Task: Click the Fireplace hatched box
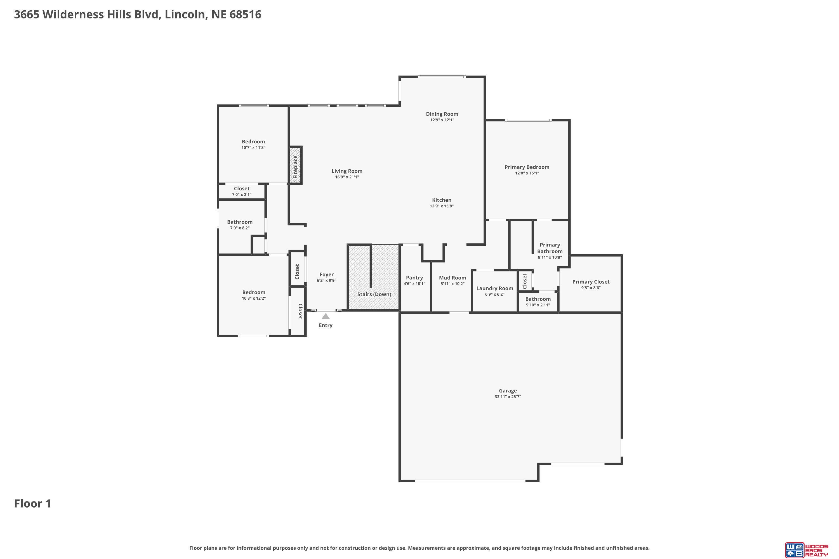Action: pyautogui.click(x=295, y=165)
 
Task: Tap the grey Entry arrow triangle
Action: pyautogui.click(x=326, y=316)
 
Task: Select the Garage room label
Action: pyautogui.click(x=508, y=390)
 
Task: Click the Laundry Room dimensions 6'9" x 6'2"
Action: pyautogui.click(x=494, y=295)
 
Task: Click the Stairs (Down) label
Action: pyautogui.click(x=374, y=294)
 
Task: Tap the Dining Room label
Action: pyautogui.click(x=442, y=114)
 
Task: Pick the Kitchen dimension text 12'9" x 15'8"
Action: pyautogui.click(x=442, y=206)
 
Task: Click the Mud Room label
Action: pyautogui.click(x=452, y=278)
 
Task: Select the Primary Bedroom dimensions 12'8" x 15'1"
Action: pyautogui.click(x=527, y=173)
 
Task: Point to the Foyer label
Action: pyautogui.click(x=326, y=274)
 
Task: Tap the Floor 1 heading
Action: pyautogui.click(x=33, y=503)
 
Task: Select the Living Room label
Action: pyautogui.click(x=347, y=171)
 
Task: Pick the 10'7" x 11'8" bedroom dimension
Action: pyautogui.click(x=253, y=148)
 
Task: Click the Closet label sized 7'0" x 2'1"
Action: pyautogui.click(x=242, y=189)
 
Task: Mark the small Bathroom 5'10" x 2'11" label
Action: pyautogui.click(x=538, y=299)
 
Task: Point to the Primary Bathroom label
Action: pyautogui.click(x=550, y=248)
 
